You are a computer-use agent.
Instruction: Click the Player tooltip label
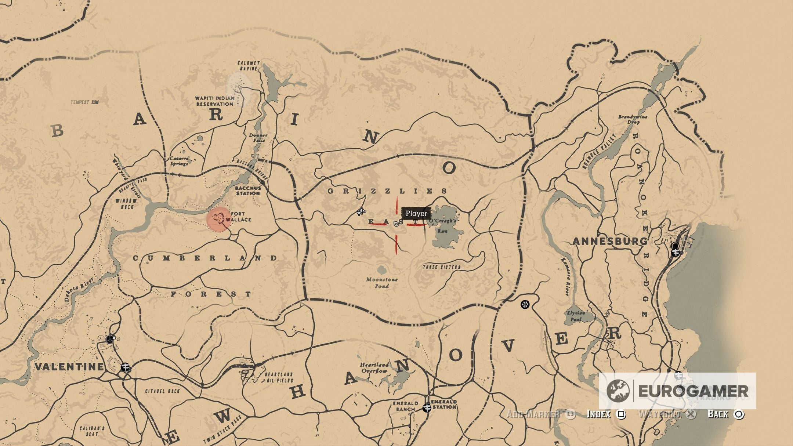click(x=416, y=214)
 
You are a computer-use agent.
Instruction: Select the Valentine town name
click(x=69, y=366)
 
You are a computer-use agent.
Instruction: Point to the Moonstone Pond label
click(x=382, y=283)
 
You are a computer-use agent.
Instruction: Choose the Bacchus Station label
click(x=248, y=191)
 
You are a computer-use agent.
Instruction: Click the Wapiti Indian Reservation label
click(x=214, y=101)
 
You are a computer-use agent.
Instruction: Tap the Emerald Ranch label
click(x=405, y=406)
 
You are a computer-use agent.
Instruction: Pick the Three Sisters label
click(x=441, y=267)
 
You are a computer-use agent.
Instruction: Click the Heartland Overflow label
click(x=374, y=367)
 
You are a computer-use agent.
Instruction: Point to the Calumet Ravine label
click(x=249, y=66)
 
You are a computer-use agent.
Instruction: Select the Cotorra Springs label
click(x=179, y=161)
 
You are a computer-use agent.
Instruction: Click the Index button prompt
click(x=606, y=414)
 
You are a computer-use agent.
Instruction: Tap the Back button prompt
click(x=725, y=414)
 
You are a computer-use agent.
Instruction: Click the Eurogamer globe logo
click(x=618, y=391)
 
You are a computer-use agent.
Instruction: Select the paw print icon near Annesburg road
click(x=525, y=304)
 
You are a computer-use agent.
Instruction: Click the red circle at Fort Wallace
click(x=219, y=220)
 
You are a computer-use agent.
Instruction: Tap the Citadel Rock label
click(x=162, y=391)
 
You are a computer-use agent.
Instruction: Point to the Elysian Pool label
click(x=576, y=316)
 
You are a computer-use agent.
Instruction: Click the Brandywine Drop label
click(x=633, y=119)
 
